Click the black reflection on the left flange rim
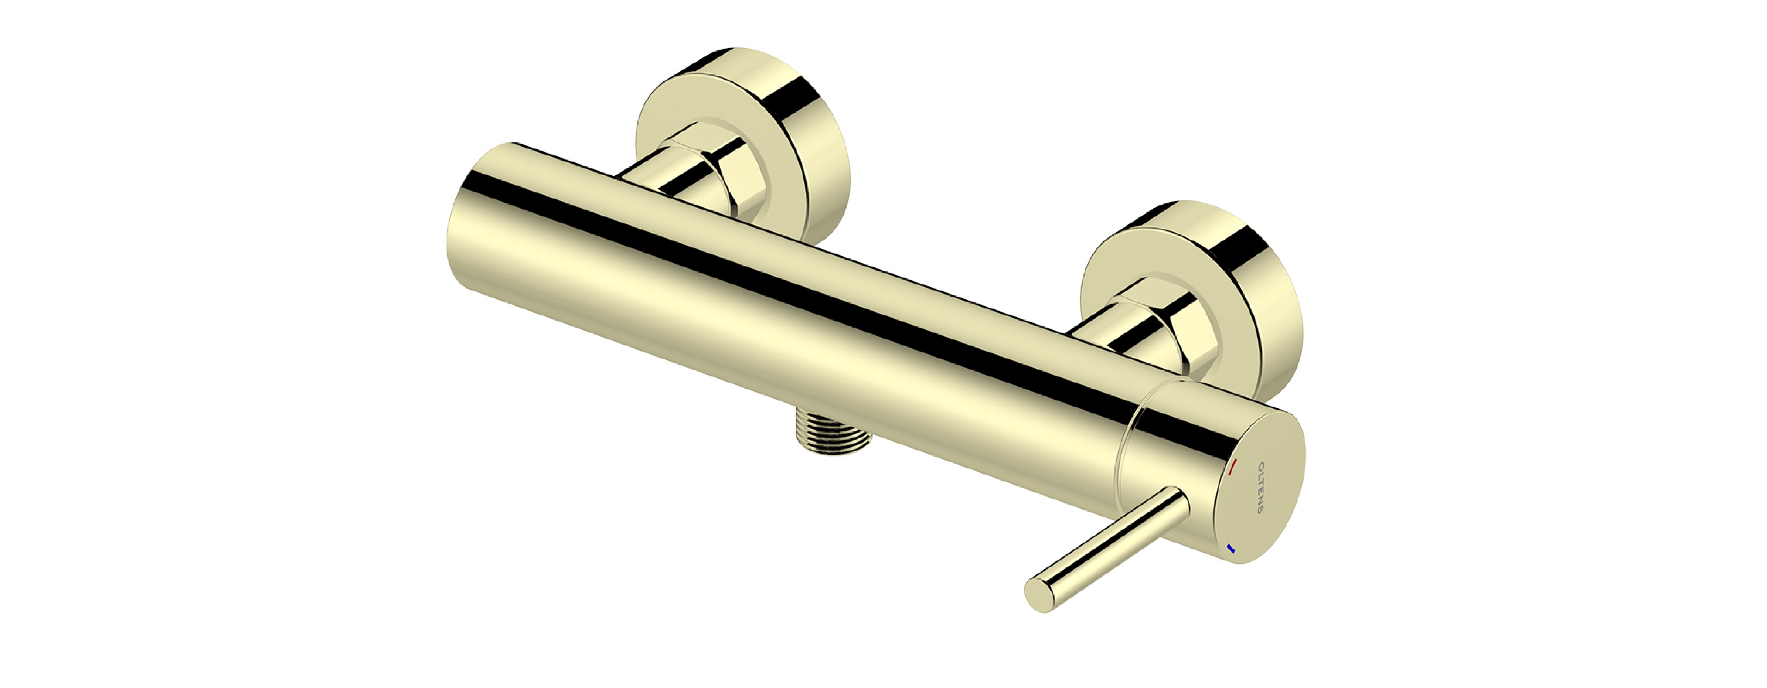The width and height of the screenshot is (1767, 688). [x=796, y=103]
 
